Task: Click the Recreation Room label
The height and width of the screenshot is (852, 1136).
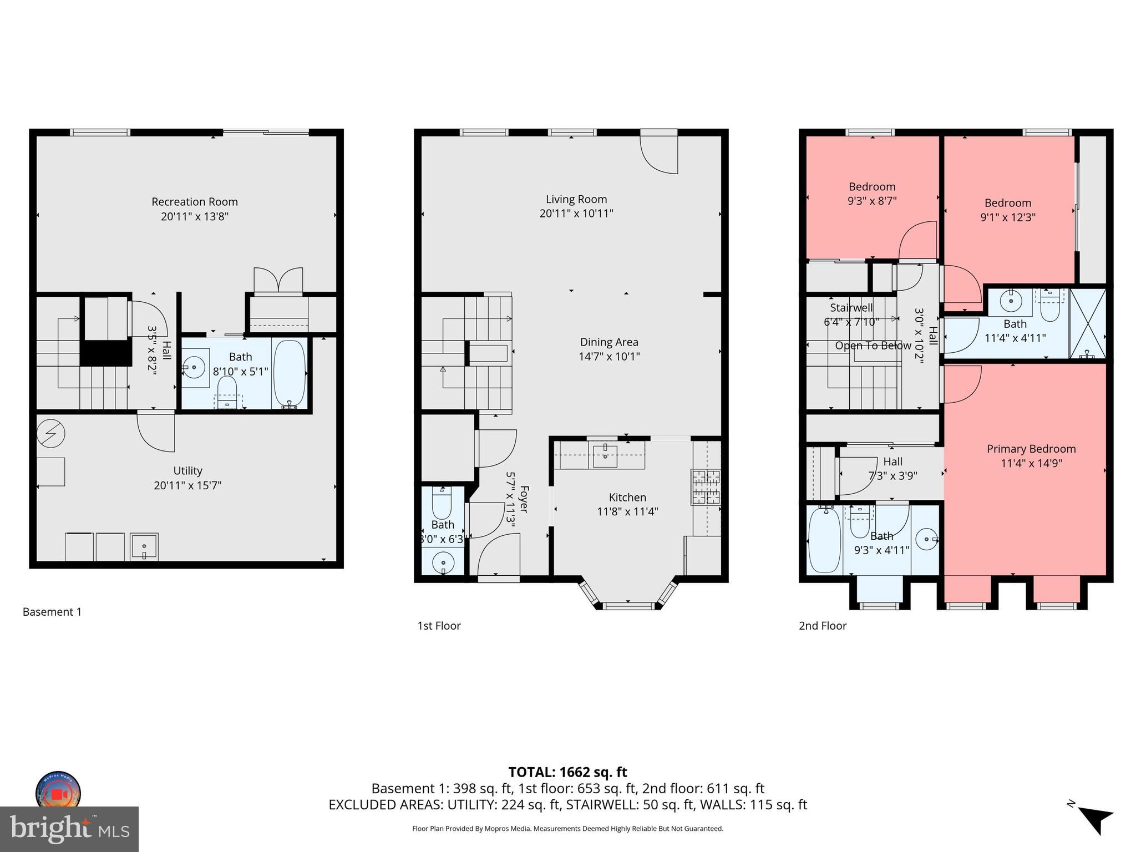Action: pos(194,202)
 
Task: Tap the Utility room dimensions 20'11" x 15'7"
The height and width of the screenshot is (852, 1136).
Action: pos(187,485)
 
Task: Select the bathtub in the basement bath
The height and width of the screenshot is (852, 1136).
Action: pos(290,373)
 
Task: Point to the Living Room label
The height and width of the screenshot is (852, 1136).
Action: pos(576,199)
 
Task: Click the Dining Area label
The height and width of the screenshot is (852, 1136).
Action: pos(609,342)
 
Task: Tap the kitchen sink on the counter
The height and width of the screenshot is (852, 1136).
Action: pos(605,456)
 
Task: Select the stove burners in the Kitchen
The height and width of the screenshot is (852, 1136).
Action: pos(705,487)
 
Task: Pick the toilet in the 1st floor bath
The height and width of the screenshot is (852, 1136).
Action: pos(442,503)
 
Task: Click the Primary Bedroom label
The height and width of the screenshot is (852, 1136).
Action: pos(1031,449)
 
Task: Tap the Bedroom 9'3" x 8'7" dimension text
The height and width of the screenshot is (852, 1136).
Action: pos(872,201)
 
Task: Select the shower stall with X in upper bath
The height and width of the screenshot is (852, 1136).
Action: pos(1087,323)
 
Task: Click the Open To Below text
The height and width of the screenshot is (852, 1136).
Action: pos(873,346)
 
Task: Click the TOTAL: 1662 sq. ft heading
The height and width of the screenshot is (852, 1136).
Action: pos(567,772)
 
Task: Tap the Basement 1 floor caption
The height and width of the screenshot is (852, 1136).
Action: pos(52,612)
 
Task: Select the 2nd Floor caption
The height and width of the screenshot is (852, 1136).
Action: pos(823,626)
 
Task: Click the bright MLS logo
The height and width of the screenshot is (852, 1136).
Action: pos(69,829)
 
